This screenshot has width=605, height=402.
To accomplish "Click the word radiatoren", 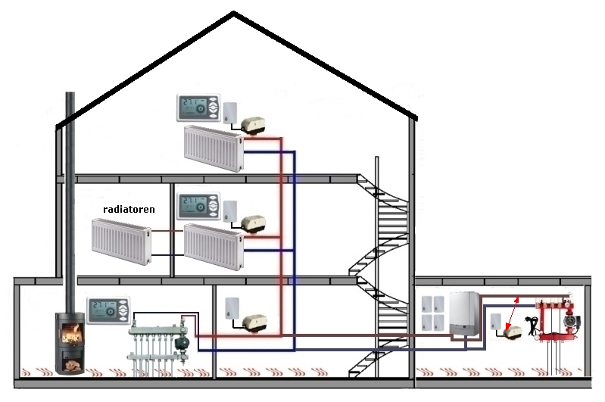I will click(129, 207).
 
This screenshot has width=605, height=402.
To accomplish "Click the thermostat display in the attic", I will click(198, 108).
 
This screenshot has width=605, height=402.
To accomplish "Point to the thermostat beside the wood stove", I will click(111, 310).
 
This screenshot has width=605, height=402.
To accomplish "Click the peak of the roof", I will click(234, 13).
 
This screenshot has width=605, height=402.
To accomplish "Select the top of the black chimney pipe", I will click(70, 95).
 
